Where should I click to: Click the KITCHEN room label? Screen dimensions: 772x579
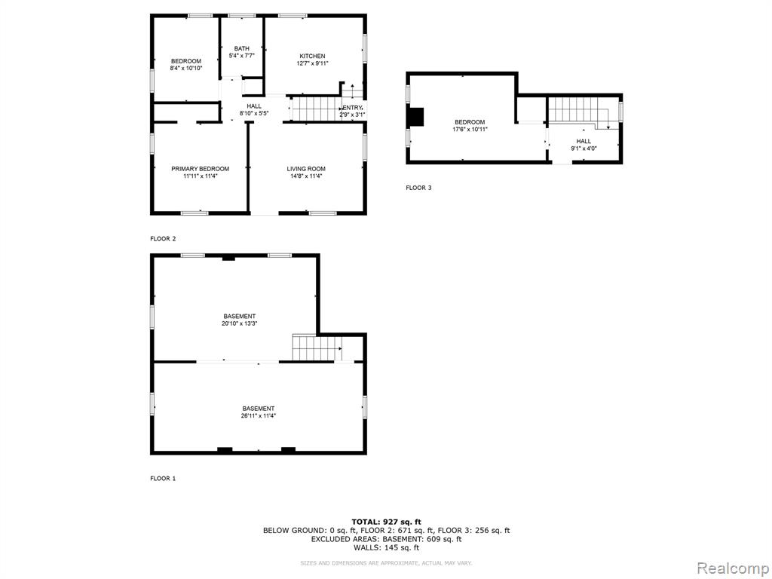[312, 56]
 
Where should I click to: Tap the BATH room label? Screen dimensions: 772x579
[242, 48]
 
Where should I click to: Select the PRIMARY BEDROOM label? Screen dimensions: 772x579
[200, 169]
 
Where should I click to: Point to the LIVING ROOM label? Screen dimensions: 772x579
[306, 169]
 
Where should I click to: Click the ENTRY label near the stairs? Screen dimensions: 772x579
[353, 108]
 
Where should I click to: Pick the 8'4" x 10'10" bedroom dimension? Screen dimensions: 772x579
[186, 69]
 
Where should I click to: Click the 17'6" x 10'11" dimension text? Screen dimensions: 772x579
[470, 130]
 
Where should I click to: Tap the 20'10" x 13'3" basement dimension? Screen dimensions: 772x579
[240, 323]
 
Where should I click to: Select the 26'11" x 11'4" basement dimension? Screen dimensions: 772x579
[259, 415]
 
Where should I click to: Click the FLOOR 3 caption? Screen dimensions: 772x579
[418, 188]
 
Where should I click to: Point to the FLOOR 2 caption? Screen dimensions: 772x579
[163, 239]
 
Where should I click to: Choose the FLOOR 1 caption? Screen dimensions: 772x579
[163, 478]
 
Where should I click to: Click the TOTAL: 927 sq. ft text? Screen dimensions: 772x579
[387, 522]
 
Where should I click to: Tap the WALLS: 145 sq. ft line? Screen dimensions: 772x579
[387, 547]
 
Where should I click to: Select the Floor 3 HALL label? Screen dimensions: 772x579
[584, 141]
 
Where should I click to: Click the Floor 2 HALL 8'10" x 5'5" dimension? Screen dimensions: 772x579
[254, 113]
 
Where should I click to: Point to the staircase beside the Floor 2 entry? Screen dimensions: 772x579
[316, 109]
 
